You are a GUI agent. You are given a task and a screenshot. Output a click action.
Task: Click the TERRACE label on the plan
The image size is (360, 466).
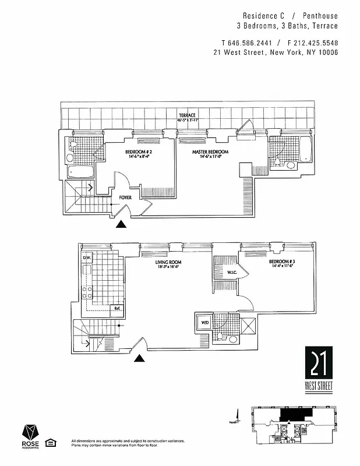pos(187,115)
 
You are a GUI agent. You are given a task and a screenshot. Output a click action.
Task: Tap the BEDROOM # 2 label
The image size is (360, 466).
pos(139,153)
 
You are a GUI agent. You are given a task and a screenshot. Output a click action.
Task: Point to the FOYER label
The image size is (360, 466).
pos(125,197)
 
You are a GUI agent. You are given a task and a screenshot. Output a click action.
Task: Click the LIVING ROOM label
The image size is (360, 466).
pos(169,263)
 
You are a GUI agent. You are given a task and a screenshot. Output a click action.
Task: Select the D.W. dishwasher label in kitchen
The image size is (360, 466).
pos(87,257)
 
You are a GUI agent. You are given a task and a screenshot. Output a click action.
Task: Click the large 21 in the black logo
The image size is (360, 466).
pos(319,364)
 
